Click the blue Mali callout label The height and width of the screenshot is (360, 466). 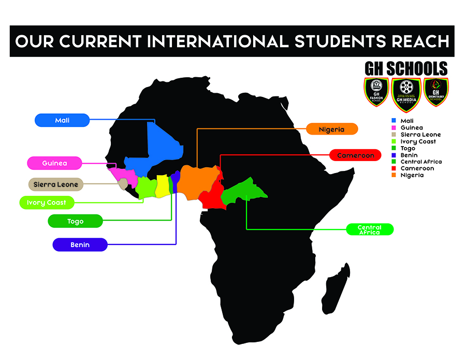[x=62, y=120]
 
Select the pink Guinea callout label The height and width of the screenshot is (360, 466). [x=54, y=163]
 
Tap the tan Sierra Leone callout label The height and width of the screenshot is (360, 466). [x=55, y=184]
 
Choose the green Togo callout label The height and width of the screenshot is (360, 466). [x=75, y=221]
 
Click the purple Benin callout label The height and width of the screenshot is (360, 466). [x=80, y=244]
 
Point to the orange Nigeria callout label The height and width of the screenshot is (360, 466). [x=331, y=129]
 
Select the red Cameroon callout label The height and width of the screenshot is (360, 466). [x=355, y=155]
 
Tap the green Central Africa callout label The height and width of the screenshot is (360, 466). [x=370, y=229]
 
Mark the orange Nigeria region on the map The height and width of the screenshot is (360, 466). [x=197, y=181]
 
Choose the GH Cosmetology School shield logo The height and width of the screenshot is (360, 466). [x=435, y=92]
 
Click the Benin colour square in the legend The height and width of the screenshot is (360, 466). [x=394, y=155]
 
